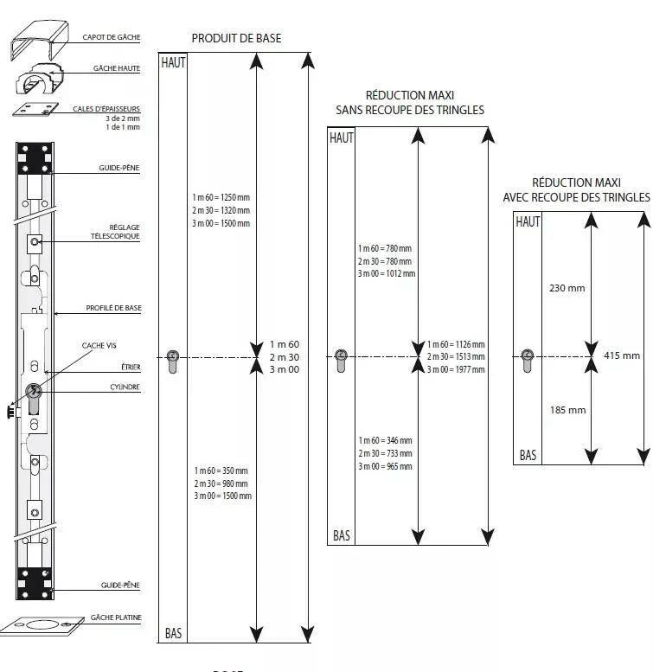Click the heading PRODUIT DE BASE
click(236, 39)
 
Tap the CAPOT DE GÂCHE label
click(112, 37)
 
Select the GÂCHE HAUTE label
click(117, 68)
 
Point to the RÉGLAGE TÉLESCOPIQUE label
click(115, 232)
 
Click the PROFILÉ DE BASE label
click(113, 308)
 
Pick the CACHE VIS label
click(99, 345)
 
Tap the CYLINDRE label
click(125, 387)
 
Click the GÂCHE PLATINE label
click(116, 618)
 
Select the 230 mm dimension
click(567, 288)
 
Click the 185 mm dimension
click(567, 410)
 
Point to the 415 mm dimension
click(622, 355)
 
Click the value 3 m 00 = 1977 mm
click(456, 369)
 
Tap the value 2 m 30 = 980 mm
click(221, 483)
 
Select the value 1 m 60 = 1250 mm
click(221, 197)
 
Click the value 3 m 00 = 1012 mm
click(387, 273)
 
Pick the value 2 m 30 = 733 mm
click(385, 453)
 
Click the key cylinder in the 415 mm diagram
click(528, 361)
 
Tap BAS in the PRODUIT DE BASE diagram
click(174, 633)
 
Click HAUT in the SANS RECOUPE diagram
click(342, 138)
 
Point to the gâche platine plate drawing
click(42, 625)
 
